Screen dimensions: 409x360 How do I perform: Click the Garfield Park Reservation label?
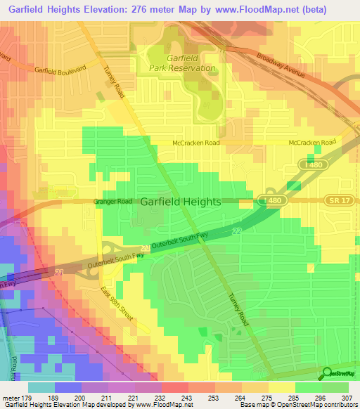click(x=181, y=63)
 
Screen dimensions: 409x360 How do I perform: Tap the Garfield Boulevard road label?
click(x=59, y=70)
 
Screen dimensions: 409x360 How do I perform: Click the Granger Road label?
click(x=112, y=201)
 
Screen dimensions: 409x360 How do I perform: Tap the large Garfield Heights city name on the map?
click(x=181, y=201)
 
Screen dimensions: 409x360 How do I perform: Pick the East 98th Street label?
click(x=115, y=310)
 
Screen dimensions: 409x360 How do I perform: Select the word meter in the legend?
click(x=9, y=398)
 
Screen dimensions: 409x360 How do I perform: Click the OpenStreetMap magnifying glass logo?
click(x=328, y=373)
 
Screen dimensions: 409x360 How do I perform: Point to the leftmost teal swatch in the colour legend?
click(x=41, y=387)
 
